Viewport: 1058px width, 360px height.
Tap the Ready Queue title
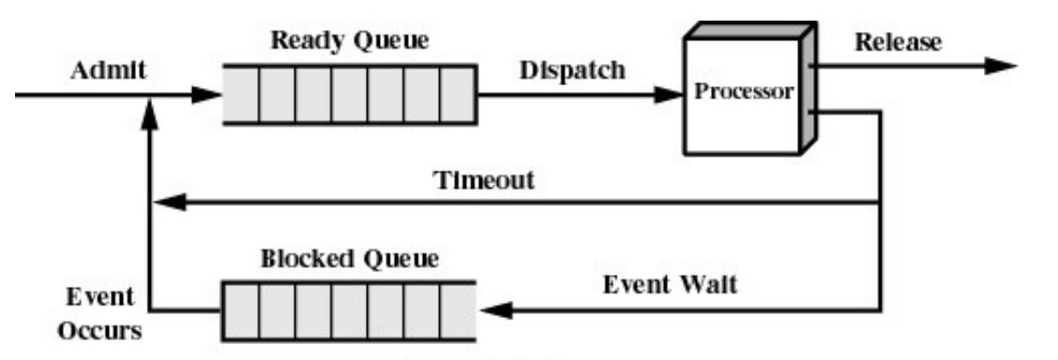348,41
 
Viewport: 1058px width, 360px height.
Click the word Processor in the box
742,94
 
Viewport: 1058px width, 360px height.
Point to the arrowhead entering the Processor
671,94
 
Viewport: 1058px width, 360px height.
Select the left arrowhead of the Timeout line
167,202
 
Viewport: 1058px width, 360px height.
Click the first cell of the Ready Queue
241,94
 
